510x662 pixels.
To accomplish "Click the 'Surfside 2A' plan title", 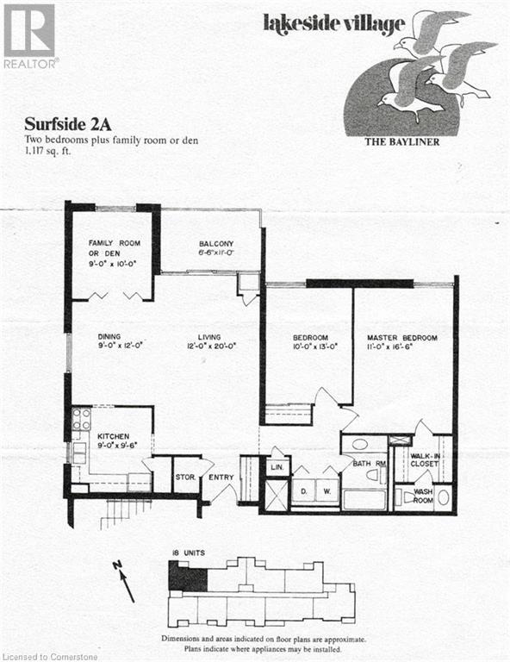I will click(63, 122).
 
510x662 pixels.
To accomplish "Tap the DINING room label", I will click(109, 337).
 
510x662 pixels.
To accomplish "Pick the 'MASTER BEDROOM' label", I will click(401, 337).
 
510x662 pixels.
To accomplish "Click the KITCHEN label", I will click(113, 437).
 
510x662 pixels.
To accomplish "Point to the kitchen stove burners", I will click(80, 420).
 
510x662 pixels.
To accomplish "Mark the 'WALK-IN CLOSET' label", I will click(425, 459).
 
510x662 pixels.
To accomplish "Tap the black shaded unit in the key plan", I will click(186, 576).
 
